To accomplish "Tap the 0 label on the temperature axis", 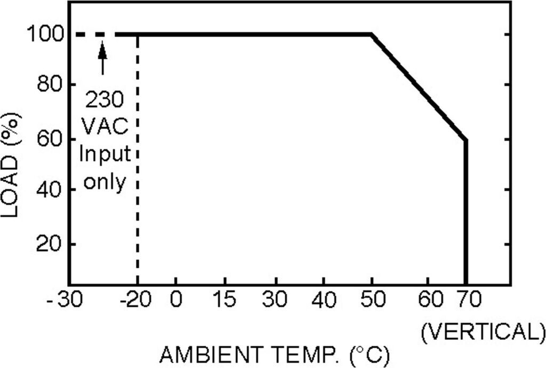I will [175, 300].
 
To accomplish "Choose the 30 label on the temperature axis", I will [275, 300].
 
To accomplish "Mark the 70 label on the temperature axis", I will [468, 300].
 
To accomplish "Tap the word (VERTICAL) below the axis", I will [482, 332].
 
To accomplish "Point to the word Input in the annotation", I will [105, 154].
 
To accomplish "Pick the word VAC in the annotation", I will [105, 127].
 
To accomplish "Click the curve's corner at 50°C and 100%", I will [372, 35].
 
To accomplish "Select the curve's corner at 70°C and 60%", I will [466, 140].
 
